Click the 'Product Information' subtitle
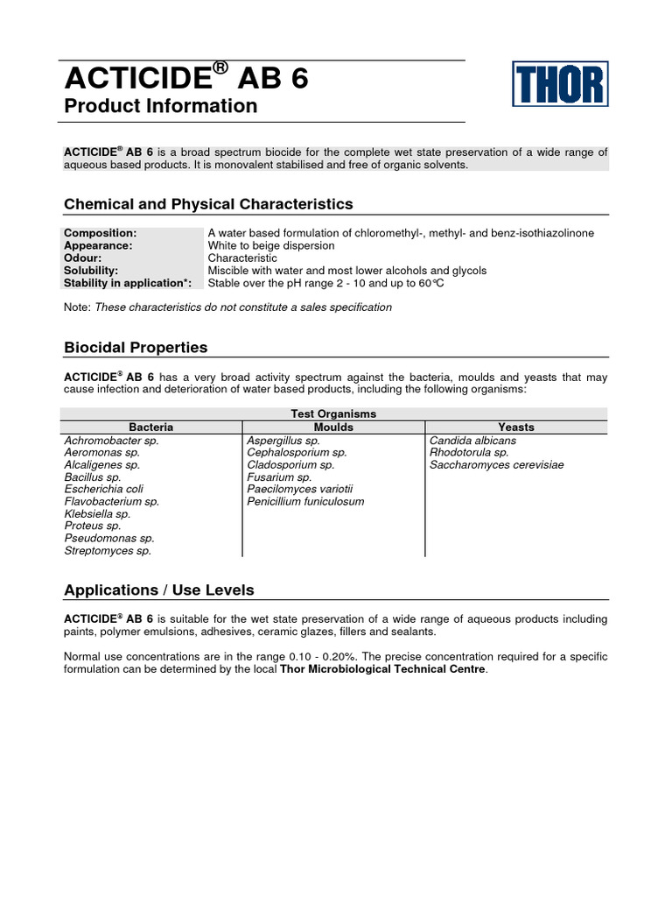point(161,106)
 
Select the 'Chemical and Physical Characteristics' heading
point(208,204)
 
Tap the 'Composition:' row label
point(101,233)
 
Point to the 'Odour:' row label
point(83,258)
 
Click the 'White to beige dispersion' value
point(271,246)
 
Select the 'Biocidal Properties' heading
point(136,348)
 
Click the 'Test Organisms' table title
point(332,413)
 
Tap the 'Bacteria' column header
point(151,427)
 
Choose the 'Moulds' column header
point(332,427)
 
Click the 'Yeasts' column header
point(516,427)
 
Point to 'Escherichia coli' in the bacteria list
point(103,490)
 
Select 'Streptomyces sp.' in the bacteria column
point(108,551)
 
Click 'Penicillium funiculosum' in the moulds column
point(305,502)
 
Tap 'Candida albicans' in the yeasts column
point(472,441)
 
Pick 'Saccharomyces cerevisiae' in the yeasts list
point(496,465)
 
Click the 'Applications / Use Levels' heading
point(159,590)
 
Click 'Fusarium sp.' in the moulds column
point(279,477)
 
